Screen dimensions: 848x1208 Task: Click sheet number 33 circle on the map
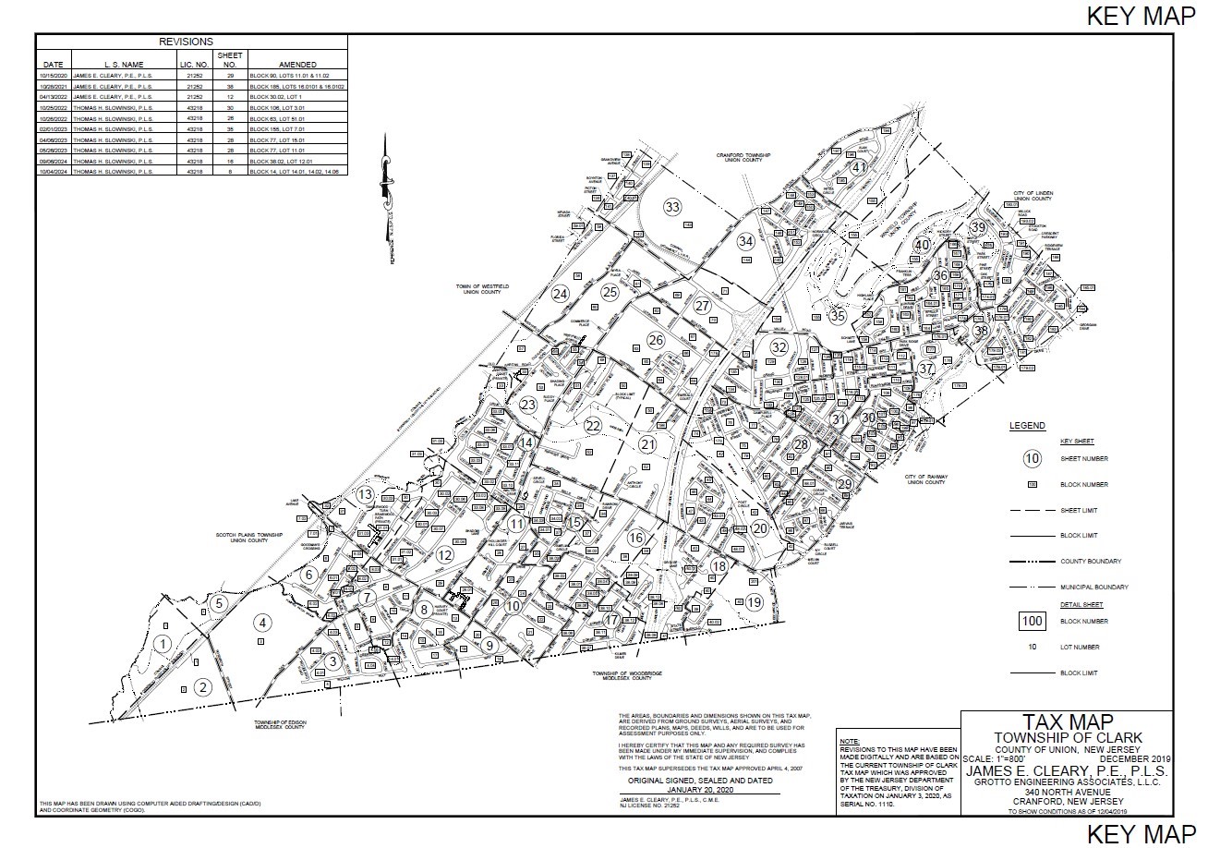point(673,206)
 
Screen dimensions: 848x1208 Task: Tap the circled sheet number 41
point(859,167)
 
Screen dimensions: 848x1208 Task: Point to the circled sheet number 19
point(755,602)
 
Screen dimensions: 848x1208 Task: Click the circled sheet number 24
point(560,294)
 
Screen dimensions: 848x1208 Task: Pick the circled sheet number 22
point(593,425)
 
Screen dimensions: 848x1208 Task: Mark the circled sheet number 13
point(365,495)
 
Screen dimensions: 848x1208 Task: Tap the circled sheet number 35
point(838,316)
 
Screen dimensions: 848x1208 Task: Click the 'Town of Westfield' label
point(482,290)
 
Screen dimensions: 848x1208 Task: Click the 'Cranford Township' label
point(742,156)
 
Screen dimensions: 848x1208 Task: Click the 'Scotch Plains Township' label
point(243,537)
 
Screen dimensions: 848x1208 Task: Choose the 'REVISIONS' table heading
point(186,42)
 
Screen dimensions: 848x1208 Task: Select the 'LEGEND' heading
point(1027,426)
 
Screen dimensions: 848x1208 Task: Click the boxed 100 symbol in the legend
point(1033,621)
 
